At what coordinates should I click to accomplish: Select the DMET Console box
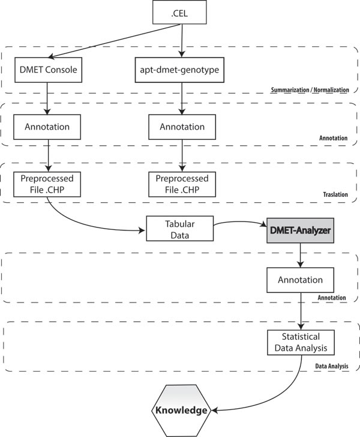pos(47,70)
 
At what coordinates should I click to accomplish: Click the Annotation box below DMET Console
pos(47,127)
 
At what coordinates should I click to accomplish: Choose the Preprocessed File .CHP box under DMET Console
pos(47,184)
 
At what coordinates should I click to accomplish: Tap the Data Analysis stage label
pos(331,365)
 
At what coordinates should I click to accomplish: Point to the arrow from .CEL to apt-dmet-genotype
pos(181,41)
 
